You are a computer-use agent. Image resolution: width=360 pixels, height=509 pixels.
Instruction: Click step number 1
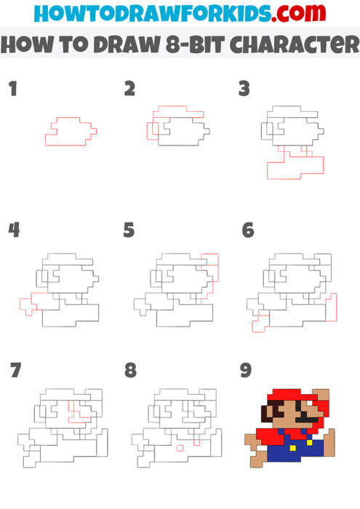tap(12, 89)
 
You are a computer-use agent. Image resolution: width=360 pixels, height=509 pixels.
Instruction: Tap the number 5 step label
tap(129, 231)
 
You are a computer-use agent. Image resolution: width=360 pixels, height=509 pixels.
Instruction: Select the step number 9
tap(246, 371)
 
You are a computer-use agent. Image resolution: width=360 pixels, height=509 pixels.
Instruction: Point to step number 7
tap(15, 371)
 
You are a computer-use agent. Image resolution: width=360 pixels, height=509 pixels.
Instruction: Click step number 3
tap(244, 89)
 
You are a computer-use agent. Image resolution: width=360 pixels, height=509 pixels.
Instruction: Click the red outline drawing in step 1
tap(70, 132)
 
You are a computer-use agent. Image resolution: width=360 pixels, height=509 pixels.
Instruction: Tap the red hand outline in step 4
tap(27, 304)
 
